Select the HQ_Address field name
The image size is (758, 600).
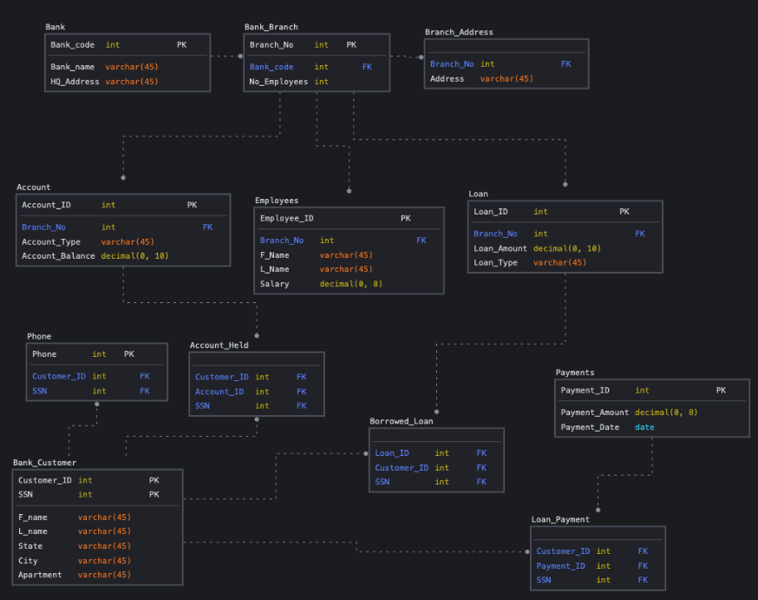[74, 82]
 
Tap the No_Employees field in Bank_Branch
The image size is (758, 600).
[278, 82]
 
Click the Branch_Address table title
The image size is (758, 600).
[459, 32]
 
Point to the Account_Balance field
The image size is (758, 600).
[57, 256]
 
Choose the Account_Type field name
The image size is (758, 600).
[51, 242]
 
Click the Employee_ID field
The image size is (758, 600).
[287, 219]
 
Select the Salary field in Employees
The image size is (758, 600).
[275, 284]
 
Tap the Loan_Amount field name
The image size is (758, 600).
[500, 248]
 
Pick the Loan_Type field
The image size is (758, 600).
[495, 262]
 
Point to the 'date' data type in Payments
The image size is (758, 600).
[644, 427]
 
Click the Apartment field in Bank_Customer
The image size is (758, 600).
[40, 575]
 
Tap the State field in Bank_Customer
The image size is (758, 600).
[30, 546]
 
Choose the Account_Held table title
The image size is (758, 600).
[219, 345]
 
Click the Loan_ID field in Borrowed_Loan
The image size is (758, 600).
[392, 453]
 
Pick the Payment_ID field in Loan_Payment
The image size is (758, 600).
[561, 566]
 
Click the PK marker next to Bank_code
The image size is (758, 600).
[181, 44]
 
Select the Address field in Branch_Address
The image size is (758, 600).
[448, 79]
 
